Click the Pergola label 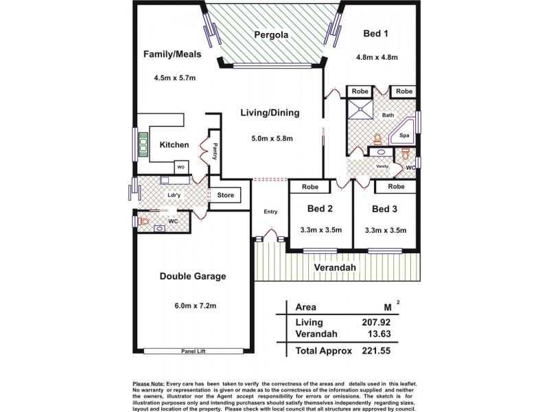coord(269,35)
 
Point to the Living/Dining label coord(270,113)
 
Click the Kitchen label coord(174,145)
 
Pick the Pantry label coord(215,150)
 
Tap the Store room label coord(226,196)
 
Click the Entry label coord(270,211)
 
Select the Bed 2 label coord(320,209)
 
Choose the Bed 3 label coord(386,209)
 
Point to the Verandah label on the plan coord(334,267)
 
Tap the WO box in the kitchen coord(181,166)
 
